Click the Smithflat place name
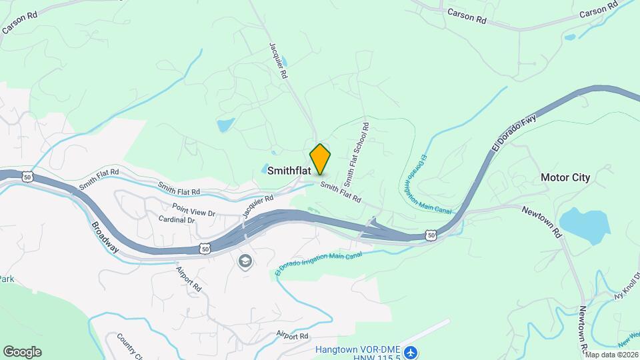tap(289, 171)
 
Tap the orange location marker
tap(321, 159)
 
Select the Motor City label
tap(565, 177)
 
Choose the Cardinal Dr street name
tap(177, 219)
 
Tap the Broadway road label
tap(105, 237)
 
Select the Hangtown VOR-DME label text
tap(357, 349)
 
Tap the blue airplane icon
tap(411, 351)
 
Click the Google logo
tap(22, 352)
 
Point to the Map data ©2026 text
tap(612, 355)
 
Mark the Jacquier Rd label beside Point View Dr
tap(259, 206)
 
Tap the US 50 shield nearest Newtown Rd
tap(432, 236)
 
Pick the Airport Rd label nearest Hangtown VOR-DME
tap(294, 336)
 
